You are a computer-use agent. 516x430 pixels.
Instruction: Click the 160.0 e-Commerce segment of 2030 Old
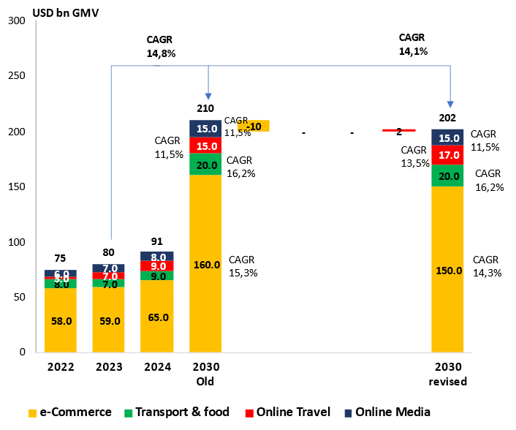[205, 264]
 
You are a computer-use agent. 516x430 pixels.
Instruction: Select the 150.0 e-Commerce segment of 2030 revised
[447, 270]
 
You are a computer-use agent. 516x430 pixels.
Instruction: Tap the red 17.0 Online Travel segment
[447, 155]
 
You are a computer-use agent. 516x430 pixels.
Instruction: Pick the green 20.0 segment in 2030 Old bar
[205, 165]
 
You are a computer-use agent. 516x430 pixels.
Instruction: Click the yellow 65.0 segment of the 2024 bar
[157, 317]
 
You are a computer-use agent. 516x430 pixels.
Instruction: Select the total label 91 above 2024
[157, 242]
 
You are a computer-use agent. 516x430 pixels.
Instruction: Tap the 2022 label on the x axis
[61, 367]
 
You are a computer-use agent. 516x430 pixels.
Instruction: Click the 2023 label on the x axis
[109, 367]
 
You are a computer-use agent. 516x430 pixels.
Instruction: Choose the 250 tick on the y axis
[17, 76]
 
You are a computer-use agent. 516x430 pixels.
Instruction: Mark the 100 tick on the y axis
[17, 242]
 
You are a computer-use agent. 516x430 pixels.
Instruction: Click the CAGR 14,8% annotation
[161, 46]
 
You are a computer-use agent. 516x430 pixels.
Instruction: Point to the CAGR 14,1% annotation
[413, 44]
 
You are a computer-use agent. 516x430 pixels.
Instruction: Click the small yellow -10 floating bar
[254, 126]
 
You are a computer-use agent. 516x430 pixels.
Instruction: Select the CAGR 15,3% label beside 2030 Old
[243, 266]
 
